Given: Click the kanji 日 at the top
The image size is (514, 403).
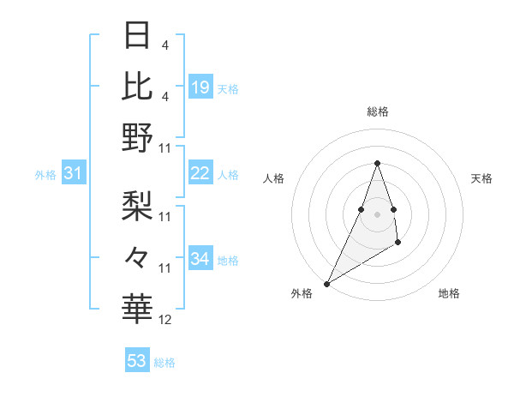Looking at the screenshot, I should (137, 35).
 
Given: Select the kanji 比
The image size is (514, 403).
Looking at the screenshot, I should (137, 86).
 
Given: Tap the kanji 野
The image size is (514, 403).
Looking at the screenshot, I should (137, 137).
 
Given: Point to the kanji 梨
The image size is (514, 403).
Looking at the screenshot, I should (137, 205).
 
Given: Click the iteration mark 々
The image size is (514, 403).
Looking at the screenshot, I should (137, 256).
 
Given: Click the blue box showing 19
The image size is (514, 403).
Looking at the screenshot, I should (200, 87).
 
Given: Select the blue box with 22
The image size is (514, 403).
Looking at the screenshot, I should (200, 173).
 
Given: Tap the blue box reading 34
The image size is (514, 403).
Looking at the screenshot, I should (200, 259).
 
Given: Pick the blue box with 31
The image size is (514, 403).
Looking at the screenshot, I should (74, 173).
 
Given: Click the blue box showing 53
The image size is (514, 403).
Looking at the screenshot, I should (137, 361).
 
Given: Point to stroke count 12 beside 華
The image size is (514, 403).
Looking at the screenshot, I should (165, 320).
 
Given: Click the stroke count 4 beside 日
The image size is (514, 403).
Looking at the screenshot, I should (164, 45).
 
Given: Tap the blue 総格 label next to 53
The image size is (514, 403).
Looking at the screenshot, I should (164, 363).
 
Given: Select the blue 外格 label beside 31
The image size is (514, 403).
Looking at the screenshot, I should (45, 175).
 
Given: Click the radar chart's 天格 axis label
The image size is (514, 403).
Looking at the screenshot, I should (481, 178).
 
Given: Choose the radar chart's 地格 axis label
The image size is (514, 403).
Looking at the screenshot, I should (449, 293).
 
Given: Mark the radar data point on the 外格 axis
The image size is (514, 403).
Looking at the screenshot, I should (327, 283).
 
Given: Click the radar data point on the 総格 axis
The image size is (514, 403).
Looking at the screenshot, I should (377, 163).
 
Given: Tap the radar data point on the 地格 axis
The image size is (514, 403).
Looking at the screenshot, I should (398, 244).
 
